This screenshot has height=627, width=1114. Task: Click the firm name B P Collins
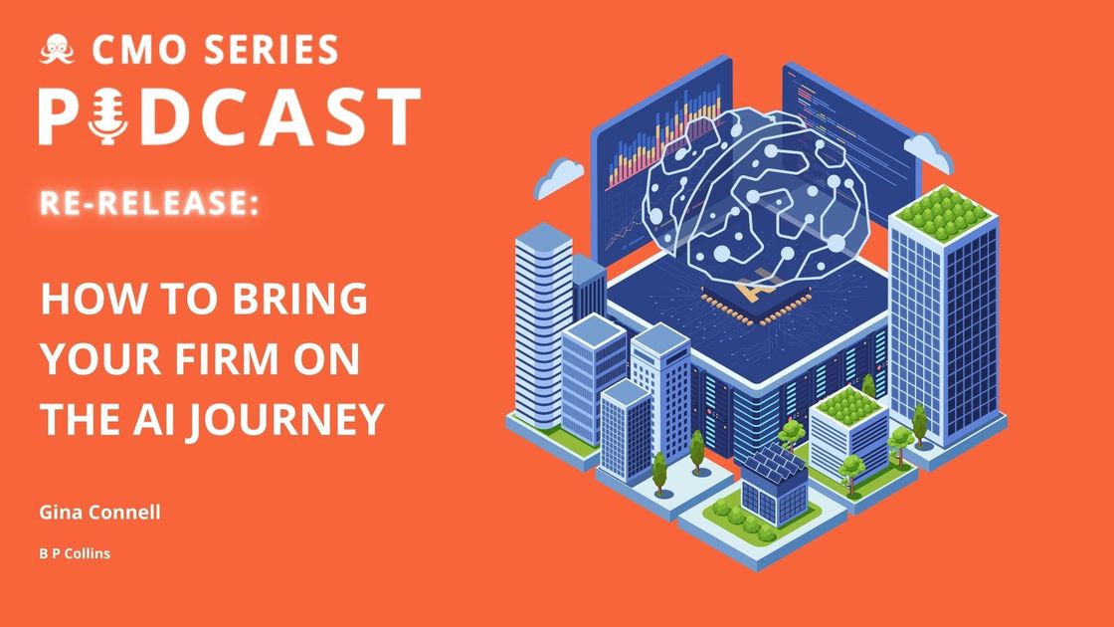[75, 553]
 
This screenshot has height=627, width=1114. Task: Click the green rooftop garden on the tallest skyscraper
[939, 206]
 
